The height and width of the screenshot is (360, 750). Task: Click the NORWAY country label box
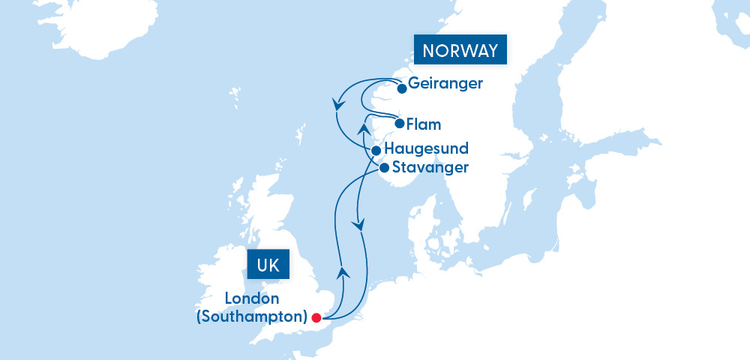[460, 52]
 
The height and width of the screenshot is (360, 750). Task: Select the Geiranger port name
[445, 83]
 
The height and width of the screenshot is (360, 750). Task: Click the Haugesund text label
[426, 148]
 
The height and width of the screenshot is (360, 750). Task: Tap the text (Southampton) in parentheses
[251, 316]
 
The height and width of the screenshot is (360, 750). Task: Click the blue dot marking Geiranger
[402, 88]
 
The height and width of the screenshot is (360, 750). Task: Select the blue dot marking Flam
[400, 124]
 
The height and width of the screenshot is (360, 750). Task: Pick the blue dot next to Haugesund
[376, 151]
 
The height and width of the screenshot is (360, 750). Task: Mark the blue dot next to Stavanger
[384, 168]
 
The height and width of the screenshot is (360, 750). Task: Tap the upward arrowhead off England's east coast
[342, 271]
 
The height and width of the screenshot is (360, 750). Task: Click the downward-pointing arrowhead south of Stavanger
[361, 224]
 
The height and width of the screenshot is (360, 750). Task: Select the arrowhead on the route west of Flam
[365, 129]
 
